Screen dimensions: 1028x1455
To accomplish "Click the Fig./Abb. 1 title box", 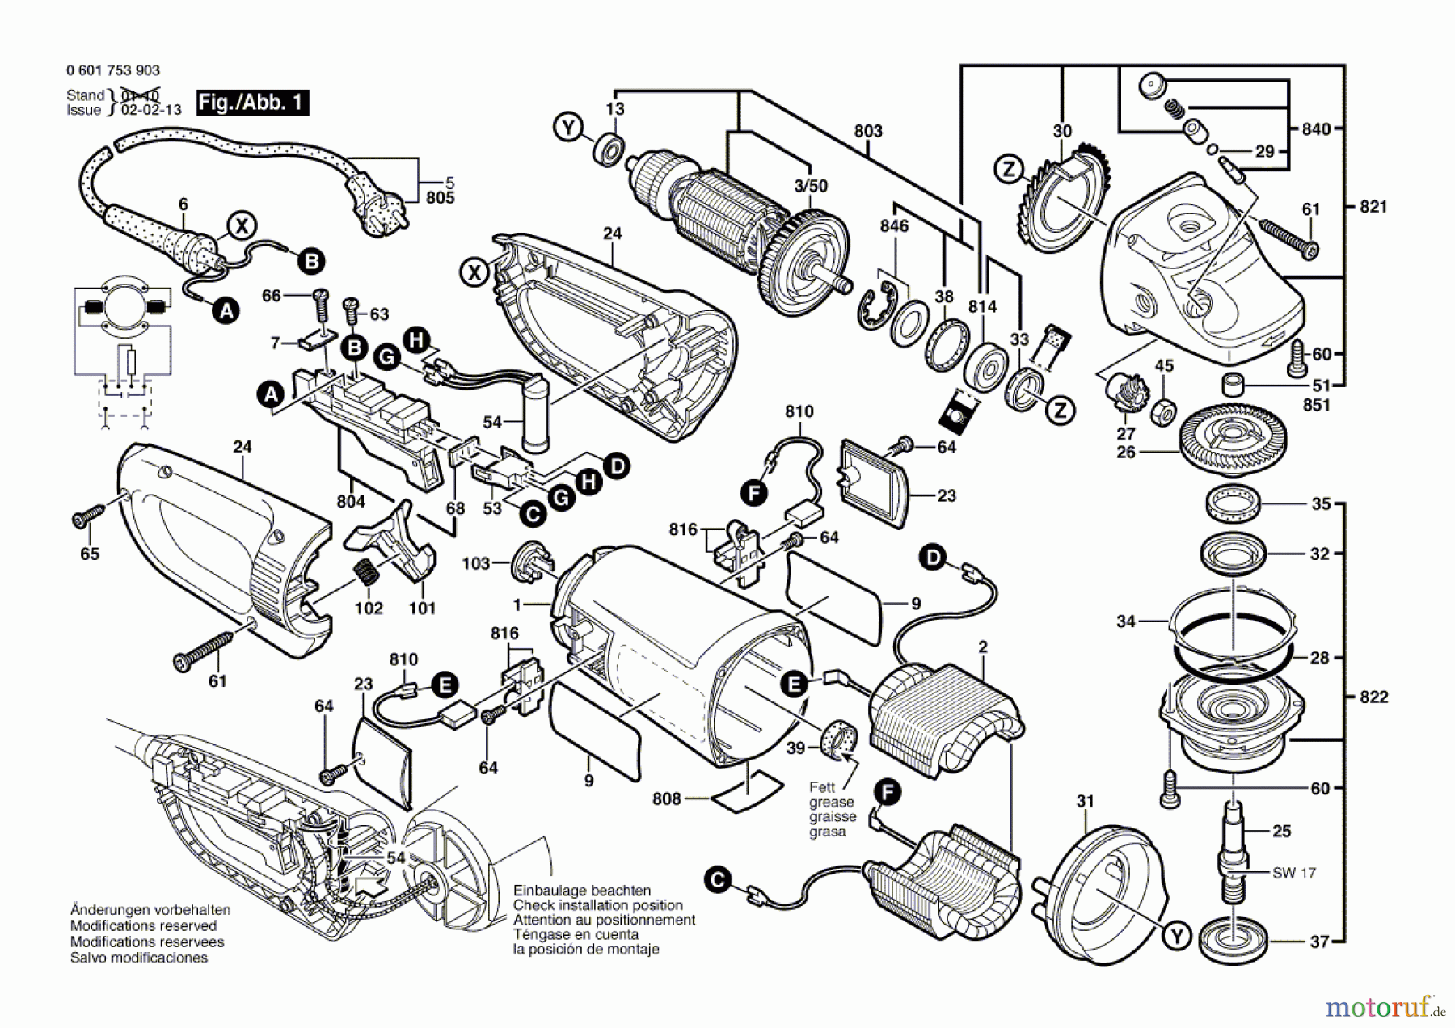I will click(252, 103).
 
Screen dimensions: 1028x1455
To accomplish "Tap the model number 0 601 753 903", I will click(113, 71).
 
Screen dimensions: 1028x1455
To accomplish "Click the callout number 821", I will click(1373, 207).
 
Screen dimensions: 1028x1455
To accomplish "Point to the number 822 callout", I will click(1373, 697).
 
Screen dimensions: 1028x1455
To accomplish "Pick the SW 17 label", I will click(1293, 873).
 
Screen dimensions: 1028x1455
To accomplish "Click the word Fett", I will click(822, 787).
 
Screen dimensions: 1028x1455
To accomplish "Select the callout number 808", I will click(667, 798).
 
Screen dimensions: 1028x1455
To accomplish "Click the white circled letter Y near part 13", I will click(569, 128).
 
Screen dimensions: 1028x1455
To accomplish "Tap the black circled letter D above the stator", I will click(934, 558).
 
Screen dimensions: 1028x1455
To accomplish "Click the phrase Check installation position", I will click(597, 905).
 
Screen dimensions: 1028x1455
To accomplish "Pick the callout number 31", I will click(1085, 801).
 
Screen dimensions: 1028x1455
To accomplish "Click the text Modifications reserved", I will click(143, 926).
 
